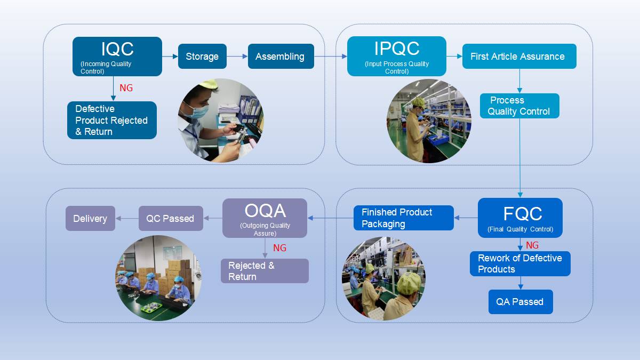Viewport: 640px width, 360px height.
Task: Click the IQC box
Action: pyautogui.click(x=117, y=56)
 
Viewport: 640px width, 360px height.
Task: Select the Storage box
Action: pyautogui.click(x=202, y=57)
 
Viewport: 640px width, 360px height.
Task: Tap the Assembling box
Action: pyautogui.click(x=281, y=57)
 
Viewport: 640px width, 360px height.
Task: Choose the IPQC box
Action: pyautogui.click(x=396, y=56)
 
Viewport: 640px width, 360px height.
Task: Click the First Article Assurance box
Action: pyautogui.click(x=519, y=57)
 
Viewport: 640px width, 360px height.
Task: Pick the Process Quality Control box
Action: pyautogui.click(x=519, y=106)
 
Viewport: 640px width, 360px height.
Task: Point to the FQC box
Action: pyautogui.click(x=520, y=218)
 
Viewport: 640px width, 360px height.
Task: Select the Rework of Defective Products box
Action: pyautogui.click(x=520, y=263)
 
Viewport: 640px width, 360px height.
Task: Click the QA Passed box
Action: pyautogui.click(x=520, y=302)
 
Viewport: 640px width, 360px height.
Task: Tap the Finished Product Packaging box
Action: pyautogui.click(x=403, y=218)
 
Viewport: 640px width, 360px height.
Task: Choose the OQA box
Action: pyautogui.click(x=265, y=218)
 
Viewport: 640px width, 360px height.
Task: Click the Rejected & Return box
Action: pyautogui.click(x=265, y=271)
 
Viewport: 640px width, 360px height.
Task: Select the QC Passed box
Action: pyautogui.click(x=171, y=219)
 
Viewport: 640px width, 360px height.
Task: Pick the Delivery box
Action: pyautogui.click(x=90, y=219)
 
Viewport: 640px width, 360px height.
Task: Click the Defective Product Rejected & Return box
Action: pyautogui.click(x=112, y=121)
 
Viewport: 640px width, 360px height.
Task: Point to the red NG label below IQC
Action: pyautogui.click(x=126, y=88)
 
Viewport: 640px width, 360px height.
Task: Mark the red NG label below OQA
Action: pyautogui.click(x=279, y=248)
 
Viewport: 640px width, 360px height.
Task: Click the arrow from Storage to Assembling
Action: pyautogui.click(x=237, y=57)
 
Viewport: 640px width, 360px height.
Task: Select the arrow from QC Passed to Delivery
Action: pyautogui.click(x=127, y=219)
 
